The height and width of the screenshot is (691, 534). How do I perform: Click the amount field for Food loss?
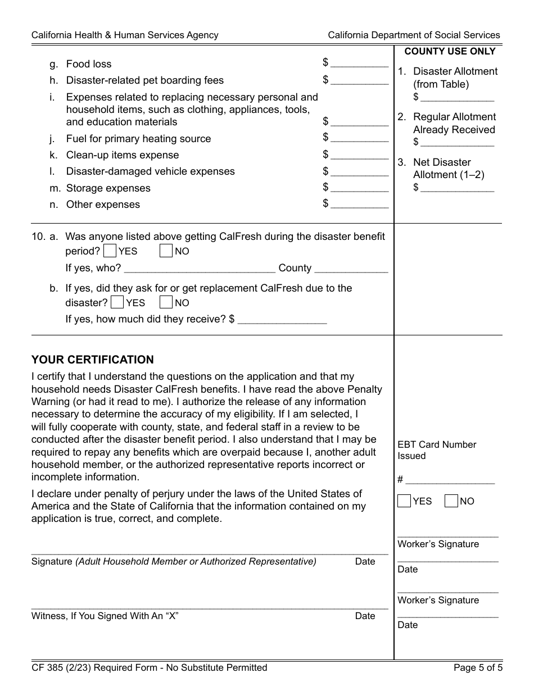(x=359, y=63)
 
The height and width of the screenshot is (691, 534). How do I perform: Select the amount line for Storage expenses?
(x=359, y=188)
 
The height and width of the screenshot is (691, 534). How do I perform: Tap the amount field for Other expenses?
(x=359, y=204)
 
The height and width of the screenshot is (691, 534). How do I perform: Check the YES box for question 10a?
(x=111, y=251)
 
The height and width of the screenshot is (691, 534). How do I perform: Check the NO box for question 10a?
(x=165, y=251)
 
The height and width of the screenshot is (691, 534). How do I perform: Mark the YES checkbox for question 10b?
(x=117, y=302)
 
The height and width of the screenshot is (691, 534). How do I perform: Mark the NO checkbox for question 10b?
(x=165, y=302)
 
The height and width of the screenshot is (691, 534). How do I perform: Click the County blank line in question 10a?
(x=351, y=268)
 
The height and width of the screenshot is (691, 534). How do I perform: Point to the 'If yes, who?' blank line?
(x=200, y=268)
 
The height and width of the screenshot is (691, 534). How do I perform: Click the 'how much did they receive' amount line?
(x=282, y=319)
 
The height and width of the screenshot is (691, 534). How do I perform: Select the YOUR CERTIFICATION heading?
(x=93, y=360)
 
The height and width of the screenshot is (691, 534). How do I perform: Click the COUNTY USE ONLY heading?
(x=450, y=52)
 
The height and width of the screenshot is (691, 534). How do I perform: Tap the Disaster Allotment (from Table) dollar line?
(x=457, y=97)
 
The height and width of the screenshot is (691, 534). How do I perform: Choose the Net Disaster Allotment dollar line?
(x=457, y=188)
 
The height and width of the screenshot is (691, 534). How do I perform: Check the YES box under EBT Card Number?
(x=404, y=501)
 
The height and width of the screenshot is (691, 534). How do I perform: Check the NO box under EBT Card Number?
(x=451, y=501)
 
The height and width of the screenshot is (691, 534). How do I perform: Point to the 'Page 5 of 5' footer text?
(x=477, y=668)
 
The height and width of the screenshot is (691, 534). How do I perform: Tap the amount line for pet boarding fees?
(x=359, y=80)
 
